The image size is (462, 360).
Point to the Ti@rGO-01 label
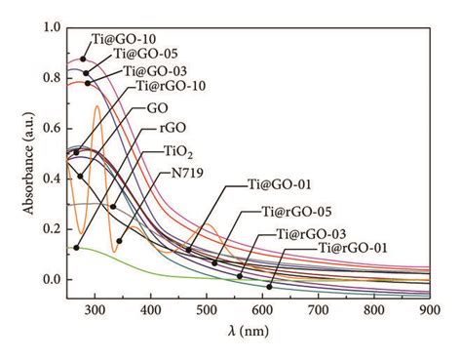point(352,249)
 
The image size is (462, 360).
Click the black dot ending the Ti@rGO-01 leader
point(270,287)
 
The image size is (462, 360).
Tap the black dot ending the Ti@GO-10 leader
point(83,60)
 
